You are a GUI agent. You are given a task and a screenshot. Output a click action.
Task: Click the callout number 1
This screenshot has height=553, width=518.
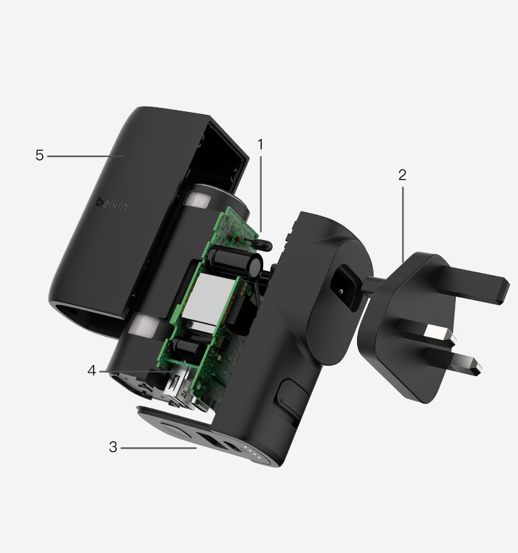(260, 144)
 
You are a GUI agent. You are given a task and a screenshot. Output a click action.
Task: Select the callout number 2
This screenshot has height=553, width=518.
(402, 175)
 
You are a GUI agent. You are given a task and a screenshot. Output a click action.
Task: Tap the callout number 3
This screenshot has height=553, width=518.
(113, 447)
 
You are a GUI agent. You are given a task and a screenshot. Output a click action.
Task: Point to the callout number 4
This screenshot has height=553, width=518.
(92, 371)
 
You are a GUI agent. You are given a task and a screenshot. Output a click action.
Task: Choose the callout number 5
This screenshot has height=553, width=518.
(39, 156)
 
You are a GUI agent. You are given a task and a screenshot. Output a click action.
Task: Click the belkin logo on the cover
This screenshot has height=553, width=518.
(111, 205)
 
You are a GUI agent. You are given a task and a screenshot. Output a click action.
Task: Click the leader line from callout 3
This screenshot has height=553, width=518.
(159, 448)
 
